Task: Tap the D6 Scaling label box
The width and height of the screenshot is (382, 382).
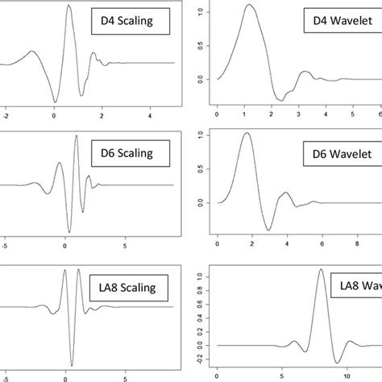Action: point(128,152)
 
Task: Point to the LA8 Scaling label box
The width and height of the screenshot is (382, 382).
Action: point(129,285)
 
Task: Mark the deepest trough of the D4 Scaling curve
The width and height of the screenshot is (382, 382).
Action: point(55,102)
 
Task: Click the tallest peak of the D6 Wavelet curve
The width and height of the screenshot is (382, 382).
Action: point(247,134)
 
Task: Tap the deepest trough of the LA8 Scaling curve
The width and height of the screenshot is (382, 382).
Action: point(71,365)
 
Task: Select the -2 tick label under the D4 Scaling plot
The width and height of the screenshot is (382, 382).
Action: point(5,116)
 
